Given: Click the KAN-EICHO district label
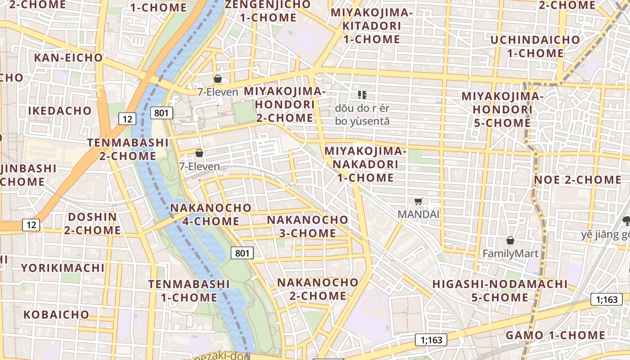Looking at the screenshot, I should coord(68,58).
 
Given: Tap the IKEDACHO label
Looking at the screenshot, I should coord(60,111).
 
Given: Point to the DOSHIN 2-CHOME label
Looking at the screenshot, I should coord(92,224).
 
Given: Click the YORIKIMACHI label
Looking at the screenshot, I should coord(63,268).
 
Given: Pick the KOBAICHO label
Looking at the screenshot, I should coord(56,314).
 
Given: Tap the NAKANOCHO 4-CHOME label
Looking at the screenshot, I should coord(211,215).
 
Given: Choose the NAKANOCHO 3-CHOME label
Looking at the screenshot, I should coord(307,226).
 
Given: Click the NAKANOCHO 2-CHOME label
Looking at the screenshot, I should coord(318,289).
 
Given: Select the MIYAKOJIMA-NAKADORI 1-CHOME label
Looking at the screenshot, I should coord(365,164).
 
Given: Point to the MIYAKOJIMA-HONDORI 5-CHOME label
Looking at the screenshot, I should coord(503,109).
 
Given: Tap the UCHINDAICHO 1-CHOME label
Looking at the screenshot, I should coord(535,46).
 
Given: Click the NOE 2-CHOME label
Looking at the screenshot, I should coord(577,180).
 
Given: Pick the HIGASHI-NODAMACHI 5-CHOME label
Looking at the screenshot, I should coord(500,291).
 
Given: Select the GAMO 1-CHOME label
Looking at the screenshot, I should coord(555,335).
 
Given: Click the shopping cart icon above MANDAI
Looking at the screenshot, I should coord(418,201).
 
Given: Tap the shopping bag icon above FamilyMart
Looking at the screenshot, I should coord(510,240).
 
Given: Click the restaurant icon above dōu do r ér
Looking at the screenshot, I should coord(362,94).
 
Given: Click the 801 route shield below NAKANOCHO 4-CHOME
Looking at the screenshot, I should coord(242,253).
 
